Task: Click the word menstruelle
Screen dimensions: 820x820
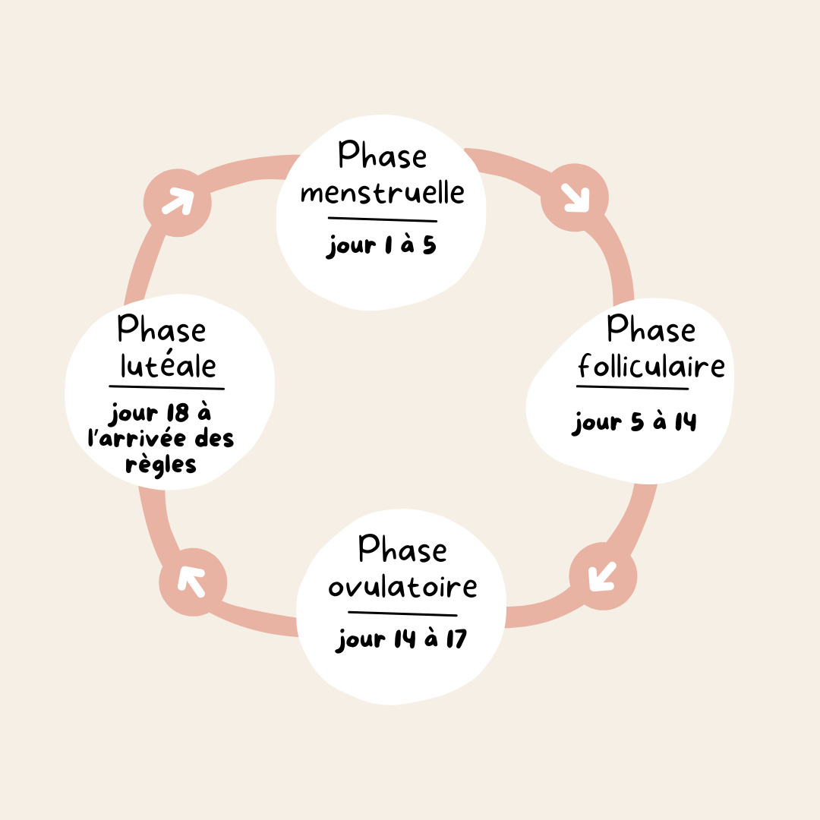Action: coord(382,191)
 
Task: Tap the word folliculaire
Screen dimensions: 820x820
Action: coord(651,367)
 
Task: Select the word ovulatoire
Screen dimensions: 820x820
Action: coord(402,586)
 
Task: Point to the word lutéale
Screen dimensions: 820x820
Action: coord(169,366)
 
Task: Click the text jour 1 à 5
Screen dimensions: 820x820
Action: coord(382,246)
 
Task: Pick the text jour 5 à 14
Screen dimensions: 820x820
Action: coord(635,422)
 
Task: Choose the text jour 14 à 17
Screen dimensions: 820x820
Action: coord(402,639)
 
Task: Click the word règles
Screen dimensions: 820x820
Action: coord(161,464)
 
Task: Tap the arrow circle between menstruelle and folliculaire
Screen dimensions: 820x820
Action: coord(575,198)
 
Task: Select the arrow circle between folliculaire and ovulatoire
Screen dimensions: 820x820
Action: coord(603,577)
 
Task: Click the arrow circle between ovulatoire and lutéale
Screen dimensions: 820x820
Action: coord(193,582)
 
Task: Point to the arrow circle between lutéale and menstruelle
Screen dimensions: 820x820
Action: coord(178,202)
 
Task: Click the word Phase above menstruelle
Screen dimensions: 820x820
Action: coord(383,156)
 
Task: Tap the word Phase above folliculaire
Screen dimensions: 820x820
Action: coord(651,330)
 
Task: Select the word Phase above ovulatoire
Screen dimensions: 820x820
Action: coord(402,549)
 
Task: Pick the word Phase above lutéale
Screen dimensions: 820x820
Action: coord(162,330)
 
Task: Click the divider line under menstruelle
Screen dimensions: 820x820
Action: coord(382,219)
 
